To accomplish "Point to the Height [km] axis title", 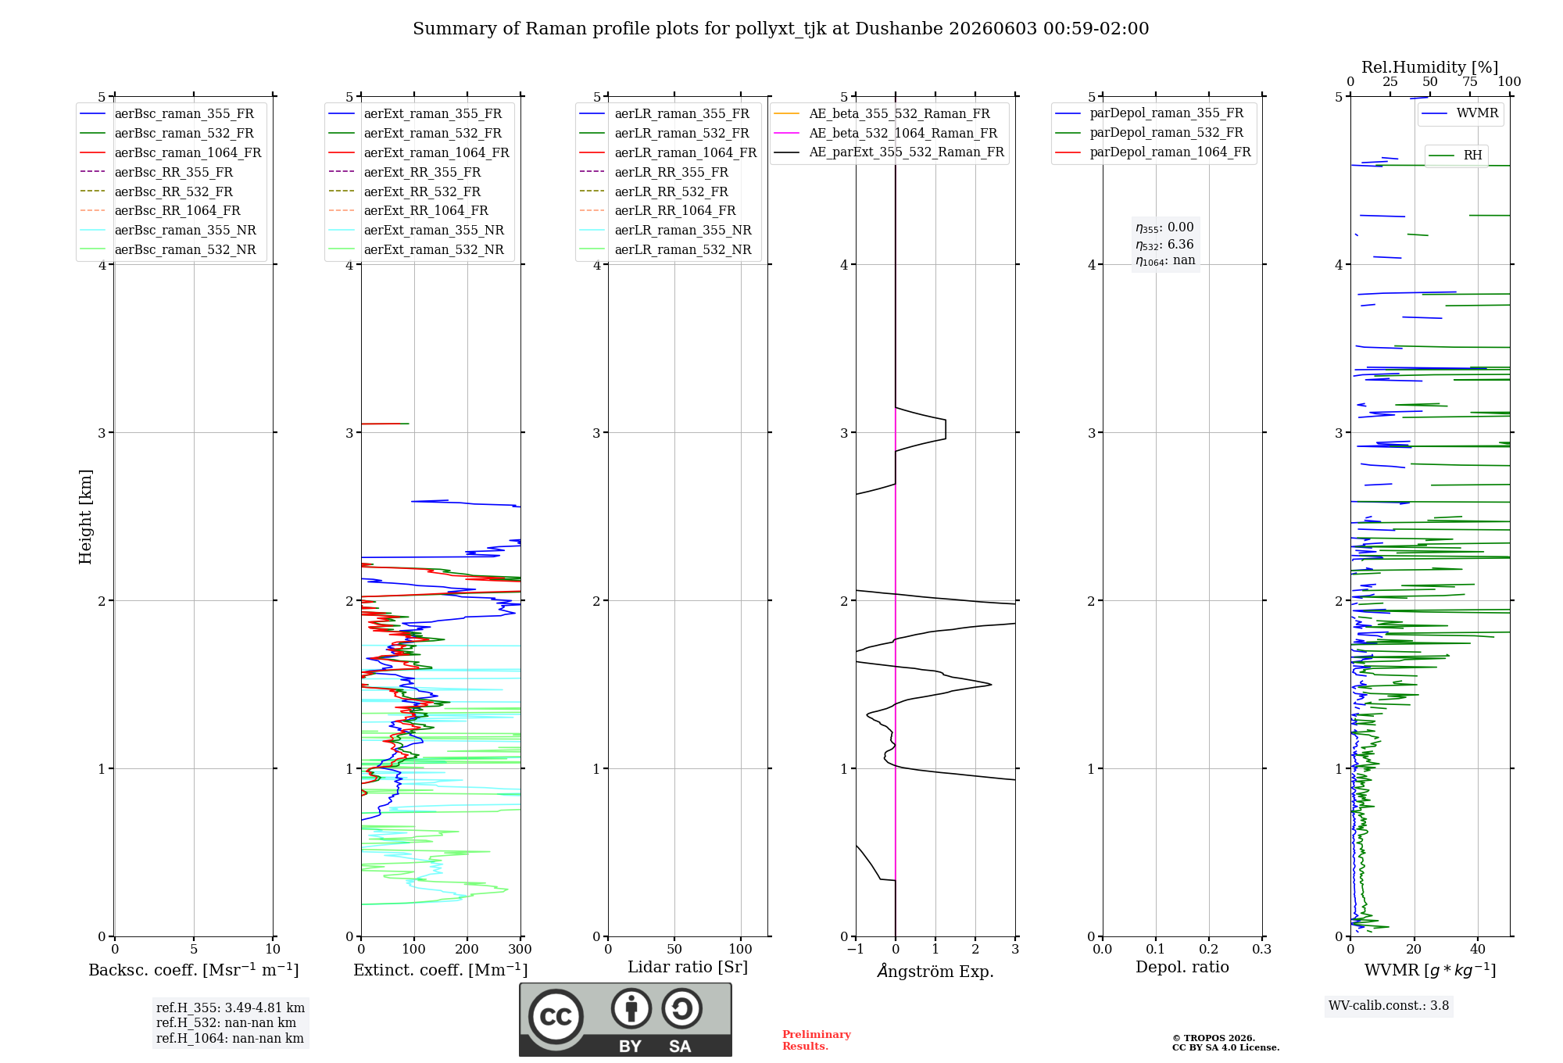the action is pyautogui.click(x=85, y=517).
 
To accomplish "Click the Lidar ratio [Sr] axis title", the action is pyautogui.click(x=688, y=968).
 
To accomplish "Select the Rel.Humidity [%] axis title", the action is pyautogui.click(x=1430, y=67).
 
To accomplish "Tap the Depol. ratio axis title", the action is pyautogui.click(x=1182, y=968).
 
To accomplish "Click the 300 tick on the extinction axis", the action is pyautogui.click(x=520, y=950).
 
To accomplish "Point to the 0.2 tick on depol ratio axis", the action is pyautogui.click(x=1209, y=950).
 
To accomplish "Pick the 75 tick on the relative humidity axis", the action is pyautogui.click(x=1470, y=82).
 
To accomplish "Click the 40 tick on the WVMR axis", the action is pyautogui.click(x=1478, y=950).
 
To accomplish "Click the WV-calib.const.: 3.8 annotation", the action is pyautogui.click(x=1389, y=1006).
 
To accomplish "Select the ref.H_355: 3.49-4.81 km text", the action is pyautogui.click(x=231, y=1008).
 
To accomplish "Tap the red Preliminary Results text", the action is pyautogui.click(x=817, y=1040).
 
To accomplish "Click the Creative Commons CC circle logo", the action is pyautogui.click(x=556, y=1016).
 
